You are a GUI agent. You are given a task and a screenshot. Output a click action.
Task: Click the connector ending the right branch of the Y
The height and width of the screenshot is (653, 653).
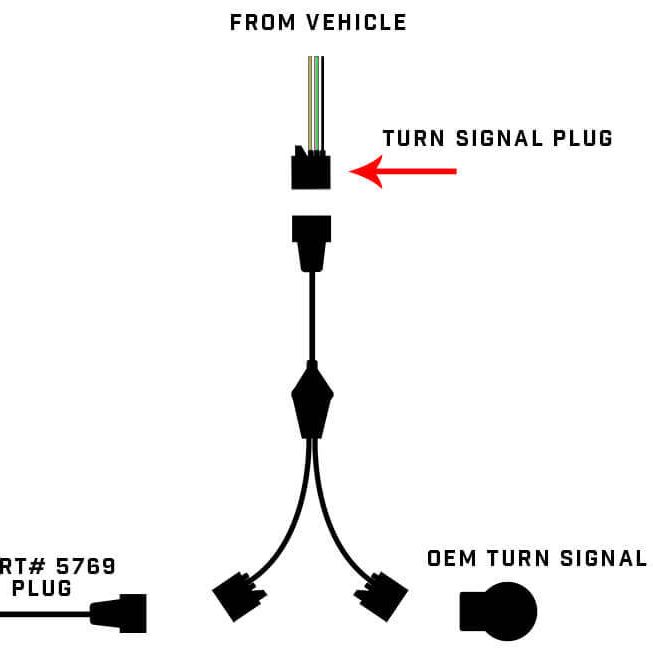382,597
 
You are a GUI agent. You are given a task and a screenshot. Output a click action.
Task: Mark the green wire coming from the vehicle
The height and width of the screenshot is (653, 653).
316,100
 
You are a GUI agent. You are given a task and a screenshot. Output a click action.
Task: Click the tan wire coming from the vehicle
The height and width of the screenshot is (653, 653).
310,100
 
